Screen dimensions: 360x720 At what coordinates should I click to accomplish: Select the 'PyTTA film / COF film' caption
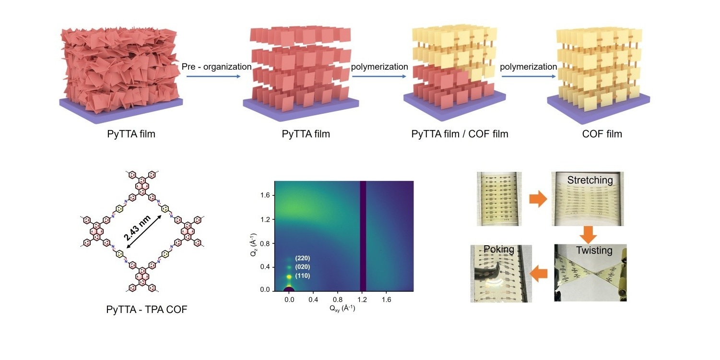point(460,134)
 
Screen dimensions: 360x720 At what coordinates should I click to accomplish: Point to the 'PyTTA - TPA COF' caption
point(147,310)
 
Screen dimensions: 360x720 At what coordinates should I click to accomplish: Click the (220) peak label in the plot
point(302,258)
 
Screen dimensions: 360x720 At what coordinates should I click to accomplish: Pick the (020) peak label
point(302,267)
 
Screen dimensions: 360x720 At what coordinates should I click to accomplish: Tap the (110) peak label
point(302,276)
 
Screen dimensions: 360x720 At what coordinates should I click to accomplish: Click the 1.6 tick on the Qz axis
point(265,195)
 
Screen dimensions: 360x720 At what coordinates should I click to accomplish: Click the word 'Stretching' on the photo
point(590,180)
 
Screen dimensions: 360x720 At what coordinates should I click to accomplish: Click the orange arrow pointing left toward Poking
point(540,274)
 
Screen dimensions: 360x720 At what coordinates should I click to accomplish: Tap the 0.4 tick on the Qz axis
point(265,267)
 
